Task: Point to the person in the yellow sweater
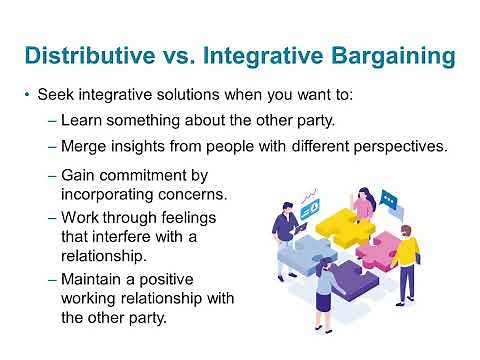coord(404,255)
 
